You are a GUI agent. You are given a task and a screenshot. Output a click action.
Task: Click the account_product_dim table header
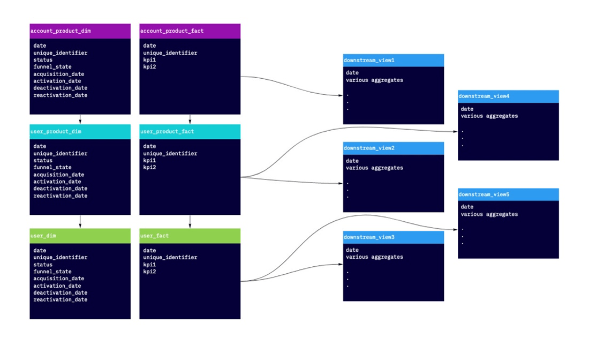(x=80, y=31)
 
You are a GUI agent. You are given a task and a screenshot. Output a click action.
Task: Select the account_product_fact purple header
(x=190, y=31)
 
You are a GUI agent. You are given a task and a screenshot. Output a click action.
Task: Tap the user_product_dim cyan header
(x=80, y=132)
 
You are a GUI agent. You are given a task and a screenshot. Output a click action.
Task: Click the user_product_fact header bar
(x=190, y=132)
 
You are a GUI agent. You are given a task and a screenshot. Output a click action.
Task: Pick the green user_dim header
(x=80, y=236)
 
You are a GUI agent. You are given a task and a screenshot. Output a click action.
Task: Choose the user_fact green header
(x=190, y=236)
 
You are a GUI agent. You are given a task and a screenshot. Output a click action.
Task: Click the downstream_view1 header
(x=393, y=61)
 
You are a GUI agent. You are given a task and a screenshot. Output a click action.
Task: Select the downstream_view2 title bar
(x=393, y=148)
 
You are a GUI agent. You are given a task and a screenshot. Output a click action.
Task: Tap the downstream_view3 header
(x=393, y=237)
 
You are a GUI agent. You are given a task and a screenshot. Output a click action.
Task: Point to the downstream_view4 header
(x=508, y=96)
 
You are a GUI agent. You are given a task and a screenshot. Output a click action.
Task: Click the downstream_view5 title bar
(x=508, y=194)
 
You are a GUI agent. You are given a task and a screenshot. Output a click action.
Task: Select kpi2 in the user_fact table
(x=149, y=272)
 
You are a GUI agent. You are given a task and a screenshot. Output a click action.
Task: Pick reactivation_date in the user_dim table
(x=60, y=299)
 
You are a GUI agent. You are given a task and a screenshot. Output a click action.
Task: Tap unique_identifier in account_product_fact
(x=170, y=53)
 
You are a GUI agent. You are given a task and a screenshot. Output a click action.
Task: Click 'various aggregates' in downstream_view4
(x=489, y=116)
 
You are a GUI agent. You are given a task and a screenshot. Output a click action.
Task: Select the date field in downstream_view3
(x=352, y=250)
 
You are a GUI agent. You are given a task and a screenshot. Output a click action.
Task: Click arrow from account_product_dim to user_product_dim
(x=80, y=119)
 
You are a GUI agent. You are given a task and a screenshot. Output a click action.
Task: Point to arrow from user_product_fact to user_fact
(x=190, y=222)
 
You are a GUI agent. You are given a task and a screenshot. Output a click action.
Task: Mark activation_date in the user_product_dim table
(x=57, y=182)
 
